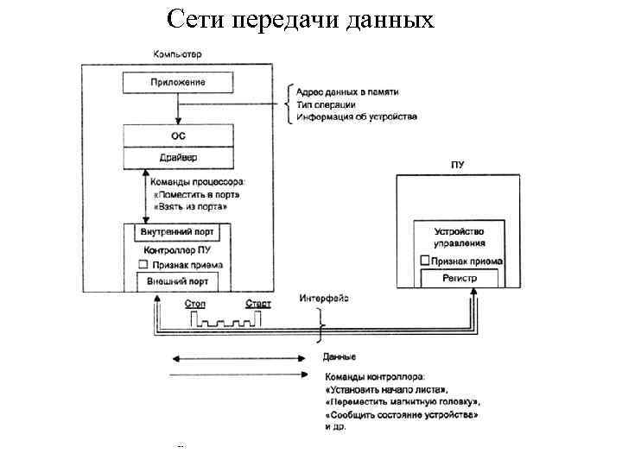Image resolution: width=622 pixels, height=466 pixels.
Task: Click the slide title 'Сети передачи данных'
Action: click(300, 19)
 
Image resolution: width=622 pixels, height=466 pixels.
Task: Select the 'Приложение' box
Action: click(177, 83)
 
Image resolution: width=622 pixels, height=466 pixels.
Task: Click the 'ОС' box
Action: click(178, 136)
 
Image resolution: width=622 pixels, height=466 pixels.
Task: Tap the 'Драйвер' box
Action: click(178, 158)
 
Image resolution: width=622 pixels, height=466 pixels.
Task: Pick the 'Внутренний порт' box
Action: click(178, 233)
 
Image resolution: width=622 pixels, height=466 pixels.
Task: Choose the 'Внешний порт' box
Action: click(178, 281)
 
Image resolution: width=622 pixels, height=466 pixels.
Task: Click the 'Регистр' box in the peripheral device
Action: click(459, 279)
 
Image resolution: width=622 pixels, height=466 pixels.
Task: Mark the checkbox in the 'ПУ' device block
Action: click(424, 261)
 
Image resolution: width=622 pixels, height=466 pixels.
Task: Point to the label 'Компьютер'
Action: click(178, 54)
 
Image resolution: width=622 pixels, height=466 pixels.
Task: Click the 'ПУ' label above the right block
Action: click(457, 164)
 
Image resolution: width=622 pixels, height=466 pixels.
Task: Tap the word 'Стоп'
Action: click(196, 304)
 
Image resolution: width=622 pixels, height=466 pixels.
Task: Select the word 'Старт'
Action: click(257, 304)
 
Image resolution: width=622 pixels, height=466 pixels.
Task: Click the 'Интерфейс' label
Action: click(324, 299)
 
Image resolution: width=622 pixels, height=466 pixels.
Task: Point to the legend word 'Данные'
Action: click(340, 356)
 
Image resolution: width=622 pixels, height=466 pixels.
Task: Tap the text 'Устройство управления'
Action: click(460, 237)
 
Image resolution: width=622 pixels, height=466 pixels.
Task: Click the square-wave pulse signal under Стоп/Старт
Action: click(226, 321)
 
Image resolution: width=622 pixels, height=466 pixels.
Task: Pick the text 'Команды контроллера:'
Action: click(374, 377)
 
